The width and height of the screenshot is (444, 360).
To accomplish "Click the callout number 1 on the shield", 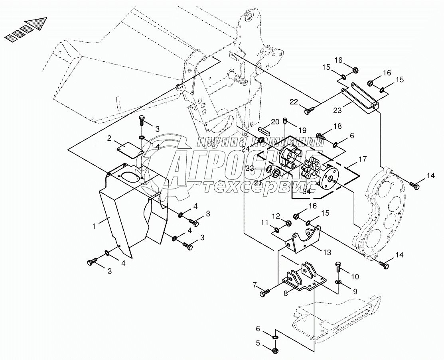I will click(x=94, y=226).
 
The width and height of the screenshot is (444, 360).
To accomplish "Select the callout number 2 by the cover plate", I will click(x=109, y=138).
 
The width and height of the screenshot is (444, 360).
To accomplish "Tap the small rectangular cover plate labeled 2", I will click(x=130, y=149).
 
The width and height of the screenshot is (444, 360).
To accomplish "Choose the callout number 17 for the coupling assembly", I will click(x=362, y=159).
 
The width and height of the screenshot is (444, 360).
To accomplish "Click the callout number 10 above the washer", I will click(x=355, y=276).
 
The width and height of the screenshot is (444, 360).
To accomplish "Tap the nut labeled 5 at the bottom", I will click(x=275, y=351).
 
